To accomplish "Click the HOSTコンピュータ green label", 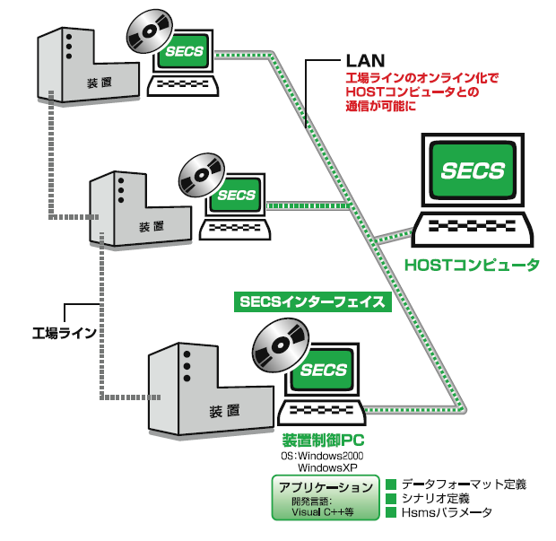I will click(472, 266).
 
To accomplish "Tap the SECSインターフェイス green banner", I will click(311, 302).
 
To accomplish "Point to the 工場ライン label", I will click(65, 333).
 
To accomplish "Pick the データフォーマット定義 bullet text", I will click(463, 484).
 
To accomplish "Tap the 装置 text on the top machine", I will click(100, 83).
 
